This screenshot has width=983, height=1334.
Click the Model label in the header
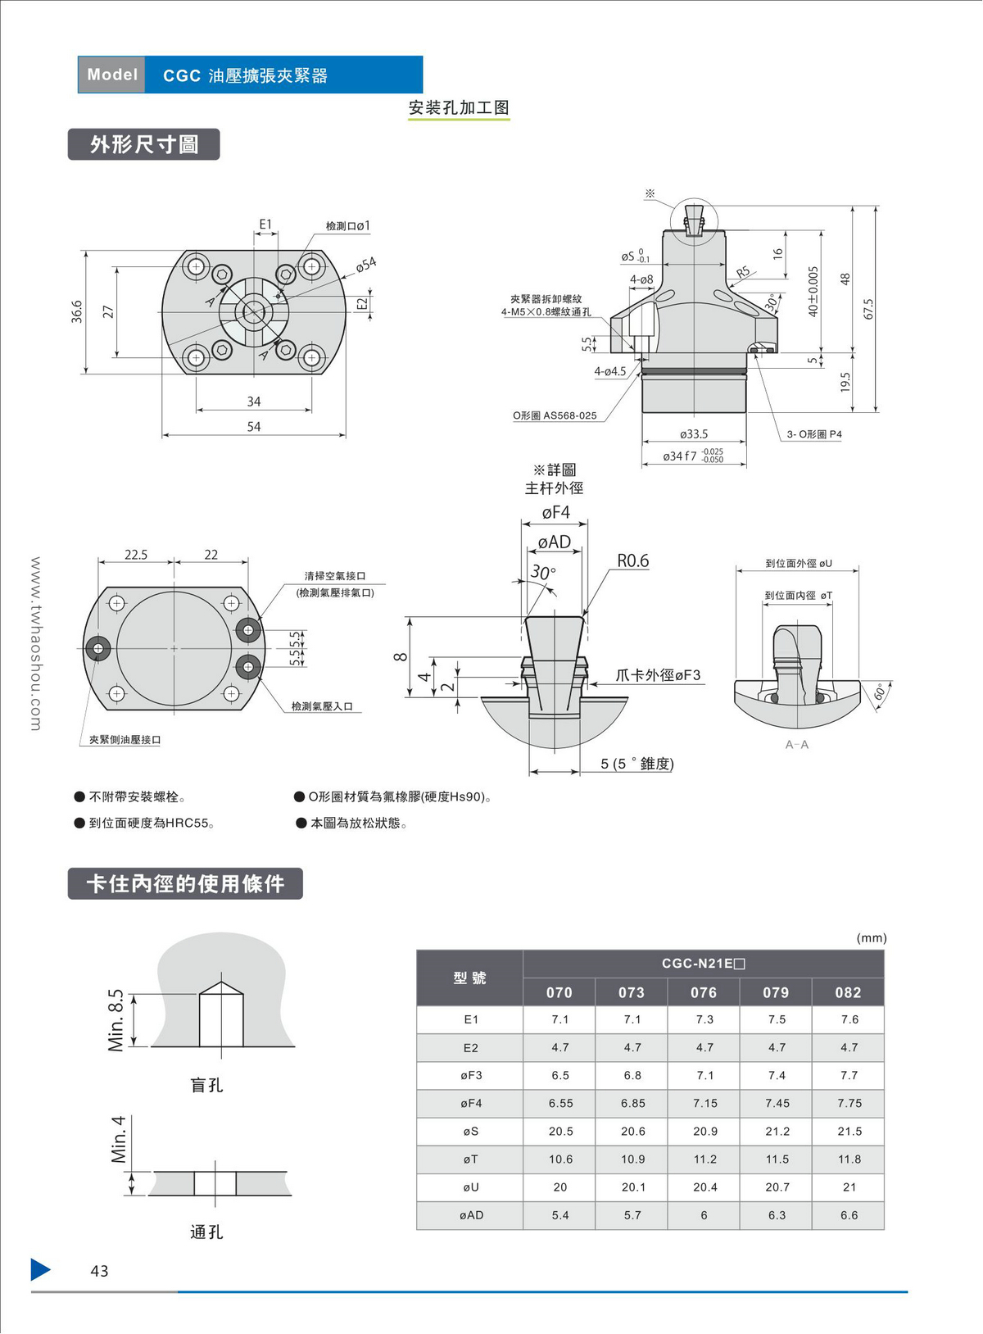coord(112,75)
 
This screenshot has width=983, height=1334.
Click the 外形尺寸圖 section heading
coord(144,145)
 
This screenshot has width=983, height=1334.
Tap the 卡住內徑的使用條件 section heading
coord(185,884)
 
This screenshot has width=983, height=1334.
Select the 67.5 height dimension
coord(868,309)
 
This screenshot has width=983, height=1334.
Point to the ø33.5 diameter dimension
coord(693,434)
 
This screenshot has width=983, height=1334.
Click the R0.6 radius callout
coord(632,561)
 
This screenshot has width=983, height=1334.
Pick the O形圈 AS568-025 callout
coord(555,416)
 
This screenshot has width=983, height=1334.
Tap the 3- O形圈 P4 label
coord(814,434)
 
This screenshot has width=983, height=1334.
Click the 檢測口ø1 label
coord(347,226)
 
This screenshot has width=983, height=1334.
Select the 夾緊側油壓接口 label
coord(125,740)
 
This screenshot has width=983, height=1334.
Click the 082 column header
coord(848,992)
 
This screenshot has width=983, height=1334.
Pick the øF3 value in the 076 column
coord(704,1075)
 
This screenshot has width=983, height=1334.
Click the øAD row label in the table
coord(471,1215)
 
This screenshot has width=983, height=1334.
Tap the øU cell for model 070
coord(560,1187)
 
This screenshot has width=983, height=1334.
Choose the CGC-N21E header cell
coord(703,964)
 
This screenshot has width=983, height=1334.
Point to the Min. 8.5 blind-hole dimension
coord(116,1020)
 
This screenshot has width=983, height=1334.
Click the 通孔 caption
coord(206,1232)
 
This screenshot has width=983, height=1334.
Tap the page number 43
coord(99,1271)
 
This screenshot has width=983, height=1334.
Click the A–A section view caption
coord(797,745)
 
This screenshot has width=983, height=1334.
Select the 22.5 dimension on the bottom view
coord(136,555)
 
